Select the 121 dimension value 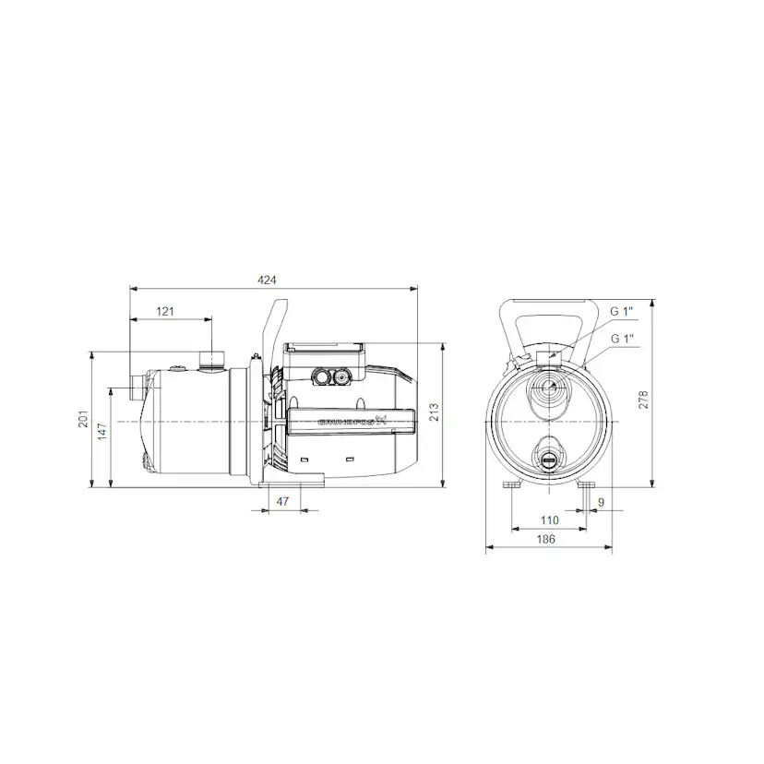pos(165,312)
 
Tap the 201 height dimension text pos(83,421)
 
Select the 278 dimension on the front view pos(644,399)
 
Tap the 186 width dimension pos(547,540)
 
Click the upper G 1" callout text pos(621,312)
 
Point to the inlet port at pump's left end pos(137,386)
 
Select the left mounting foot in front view pos(512,485)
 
